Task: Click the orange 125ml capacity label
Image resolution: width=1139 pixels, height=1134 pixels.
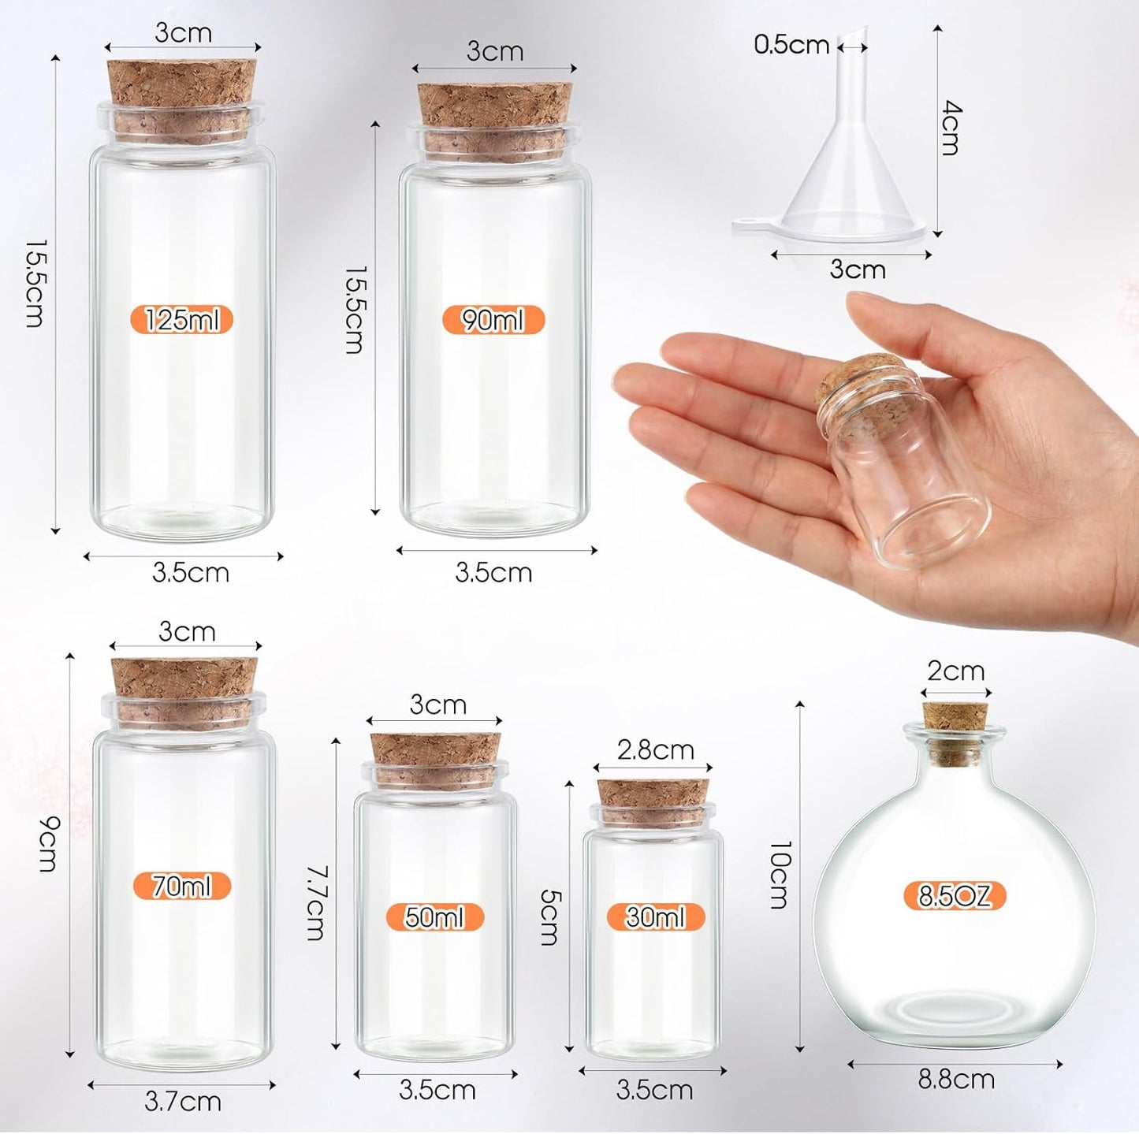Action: [181, 320]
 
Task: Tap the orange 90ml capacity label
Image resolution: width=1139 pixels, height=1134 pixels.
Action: [493, 320]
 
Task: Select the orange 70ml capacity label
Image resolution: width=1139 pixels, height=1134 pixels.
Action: [182, 887]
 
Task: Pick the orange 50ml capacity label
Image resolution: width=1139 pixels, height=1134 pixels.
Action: [434, 917]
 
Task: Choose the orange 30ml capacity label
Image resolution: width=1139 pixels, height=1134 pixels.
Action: [655, 917]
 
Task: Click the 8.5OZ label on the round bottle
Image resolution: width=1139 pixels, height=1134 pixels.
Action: [955, 896]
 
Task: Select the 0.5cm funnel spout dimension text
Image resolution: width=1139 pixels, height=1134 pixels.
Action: [791, 45]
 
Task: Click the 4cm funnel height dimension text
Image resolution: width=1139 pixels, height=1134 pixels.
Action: [951, 128]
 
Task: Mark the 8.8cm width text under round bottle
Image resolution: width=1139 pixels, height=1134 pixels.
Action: [956, 1079]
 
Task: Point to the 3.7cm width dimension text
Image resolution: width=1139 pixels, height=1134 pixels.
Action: [183, 1101]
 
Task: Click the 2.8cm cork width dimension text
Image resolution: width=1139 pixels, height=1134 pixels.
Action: [655, 749]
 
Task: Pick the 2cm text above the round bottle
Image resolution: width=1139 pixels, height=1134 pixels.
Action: [955, 671]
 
